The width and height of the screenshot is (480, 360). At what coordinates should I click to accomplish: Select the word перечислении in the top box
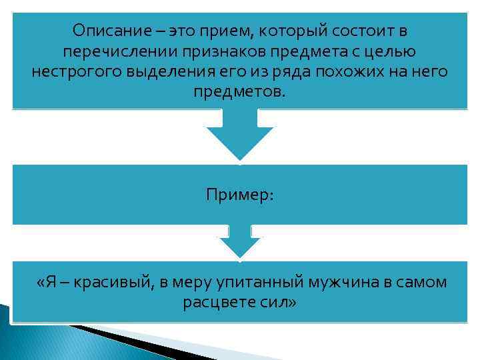(x=108, y=51)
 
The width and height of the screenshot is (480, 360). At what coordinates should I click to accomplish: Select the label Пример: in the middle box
(x=239, y=195)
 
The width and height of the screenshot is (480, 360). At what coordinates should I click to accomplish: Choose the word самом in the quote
(x=423, y=283)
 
